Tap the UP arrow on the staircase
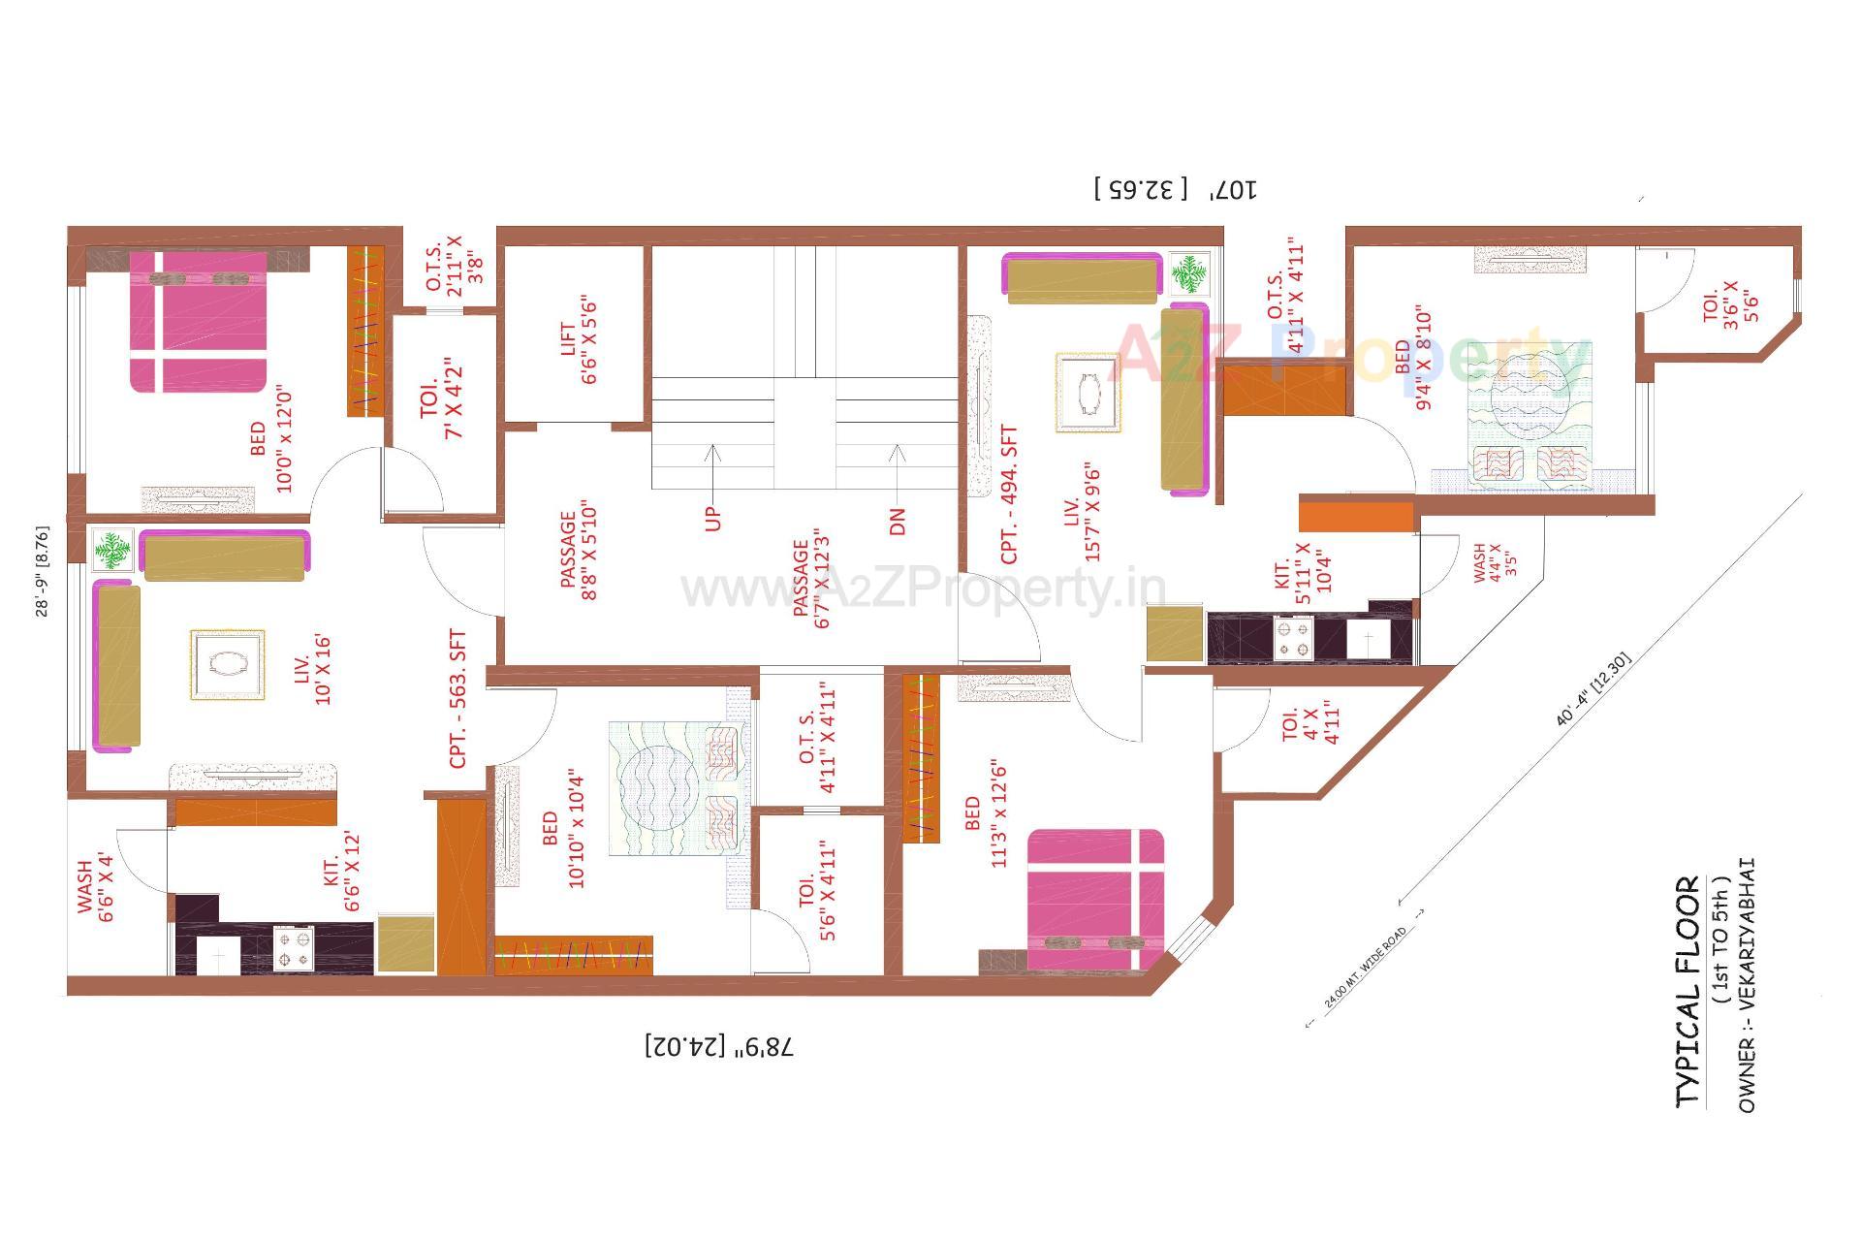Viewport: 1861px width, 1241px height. pos(713,485)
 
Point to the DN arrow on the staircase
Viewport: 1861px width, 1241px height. pos(897,485)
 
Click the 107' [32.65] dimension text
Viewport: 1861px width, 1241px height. pos(1175,188)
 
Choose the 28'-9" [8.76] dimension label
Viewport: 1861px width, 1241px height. pos(42,571)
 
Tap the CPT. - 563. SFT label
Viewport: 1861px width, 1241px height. pos(457,699)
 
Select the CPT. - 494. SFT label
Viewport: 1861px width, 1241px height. pos(1009,494)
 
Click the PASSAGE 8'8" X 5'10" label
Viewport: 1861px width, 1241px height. pos(579,556)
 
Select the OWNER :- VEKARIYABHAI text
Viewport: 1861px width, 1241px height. pos(1746,985)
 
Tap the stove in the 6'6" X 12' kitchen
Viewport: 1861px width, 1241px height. pos(295,947)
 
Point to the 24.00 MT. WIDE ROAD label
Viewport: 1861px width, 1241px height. pos(1366,970)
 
